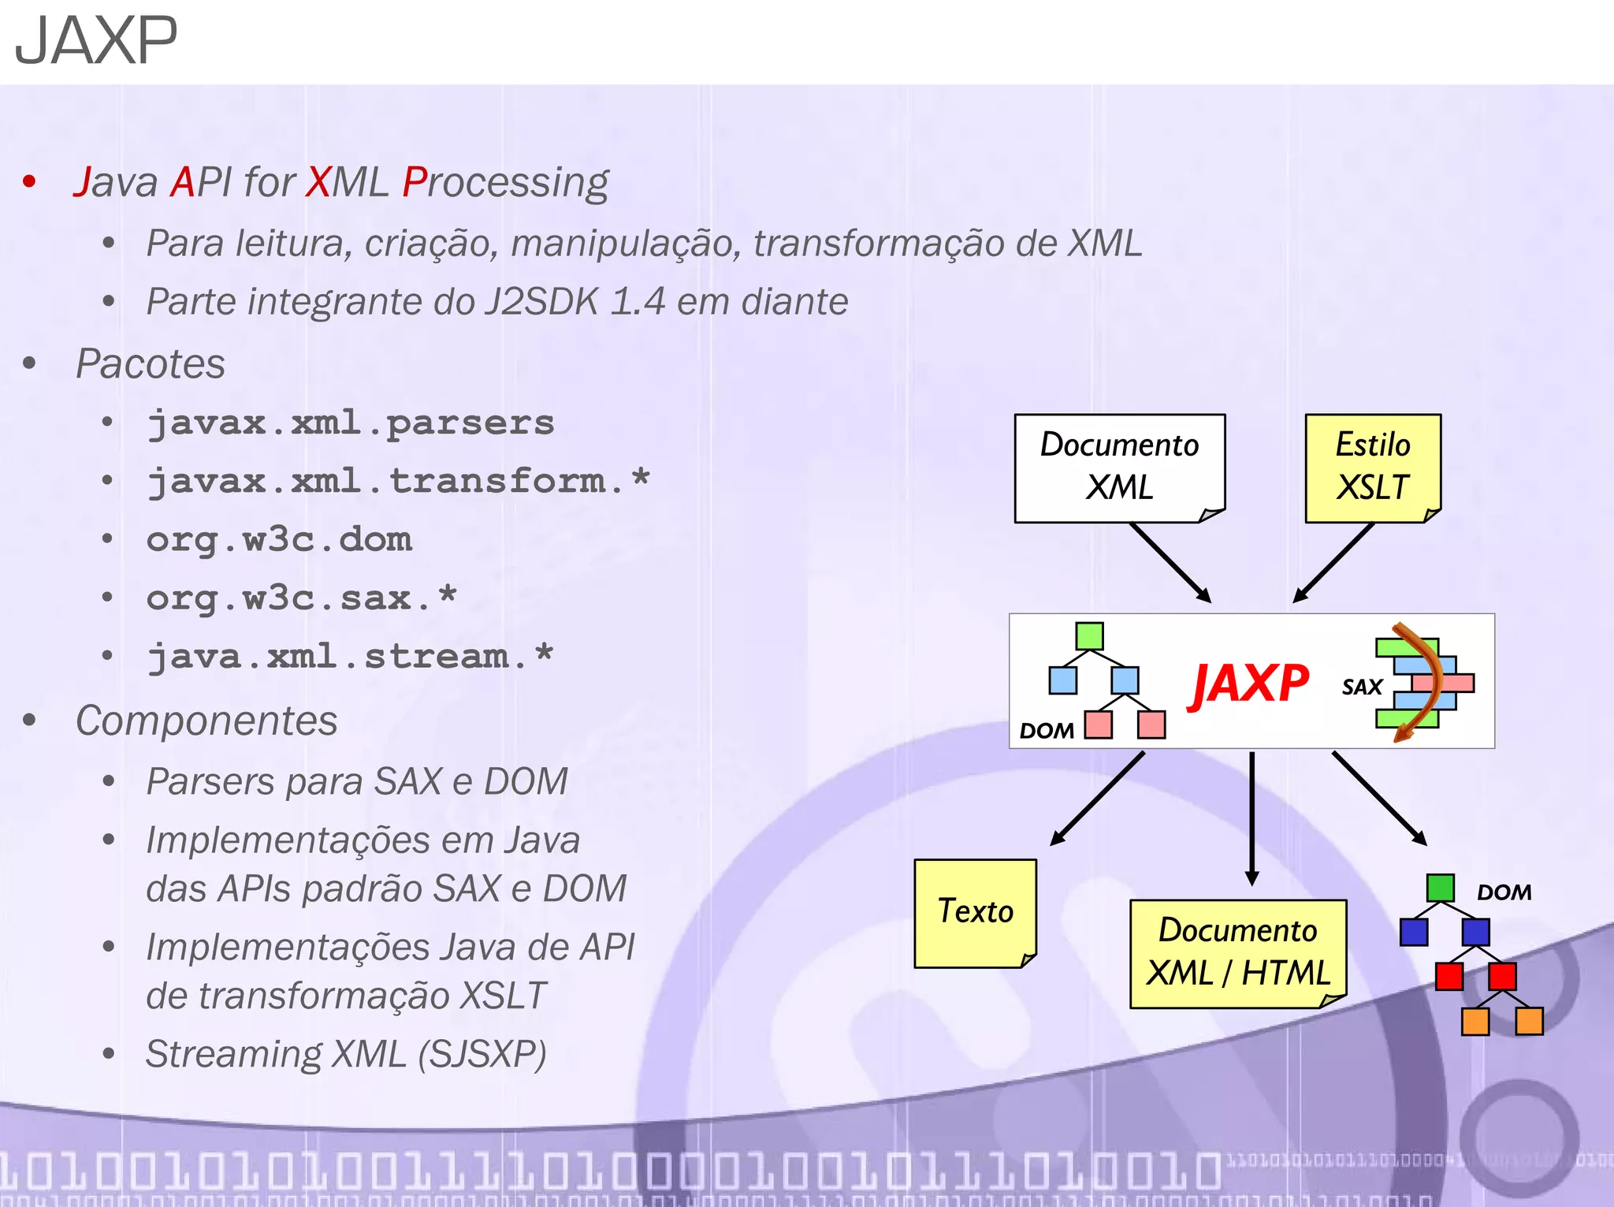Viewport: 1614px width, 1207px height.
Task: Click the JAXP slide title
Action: (x=96, y=41)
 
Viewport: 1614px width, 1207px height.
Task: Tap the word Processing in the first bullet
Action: (x=505, y=183)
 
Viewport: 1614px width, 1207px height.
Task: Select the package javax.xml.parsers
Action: (x=351, y=423)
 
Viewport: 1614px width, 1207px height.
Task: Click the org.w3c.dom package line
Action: (x=279, y=540)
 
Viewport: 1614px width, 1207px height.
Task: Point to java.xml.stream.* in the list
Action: (x=351, y=657)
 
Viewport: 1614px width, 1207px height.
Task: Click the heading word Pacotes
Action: (x=151, y=364)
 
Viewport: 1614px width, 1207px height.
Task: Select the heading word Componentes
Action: (x=206, y=721)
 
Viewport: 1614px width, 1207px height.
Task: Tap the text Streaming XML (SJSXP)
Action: (x=346, y=1054)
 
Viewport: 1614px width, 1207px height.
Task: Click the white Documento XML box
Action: (x=1119, y=467)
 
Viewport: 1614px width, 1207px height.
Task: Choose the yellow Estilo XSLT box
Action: (x=1372, y=467)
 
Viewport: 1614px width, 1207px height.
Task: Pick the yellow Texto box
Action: (x=975, y=912)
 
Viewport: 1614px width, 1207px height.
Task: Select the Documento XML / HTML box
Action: (x=1238, y=952)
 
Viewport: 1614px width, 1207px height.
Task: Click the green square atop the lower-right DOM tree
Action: (x=1440, y=888)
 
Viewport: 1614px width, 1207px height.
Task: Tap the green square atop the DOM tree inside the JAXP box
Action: (x=1089, y=636)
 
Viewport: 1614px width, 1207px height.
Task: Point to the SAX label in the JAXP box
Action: (x=1362, y=687)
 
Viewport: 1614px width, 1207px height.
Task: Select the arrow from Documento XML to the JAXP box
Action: (x=1170, y=563)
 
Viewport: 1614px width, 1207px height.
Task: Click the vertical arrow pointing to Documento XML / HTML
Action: (x=1251, y=820)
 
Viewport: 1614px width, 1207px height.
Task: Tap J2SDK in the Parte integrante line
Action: (x=541, y=303)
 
